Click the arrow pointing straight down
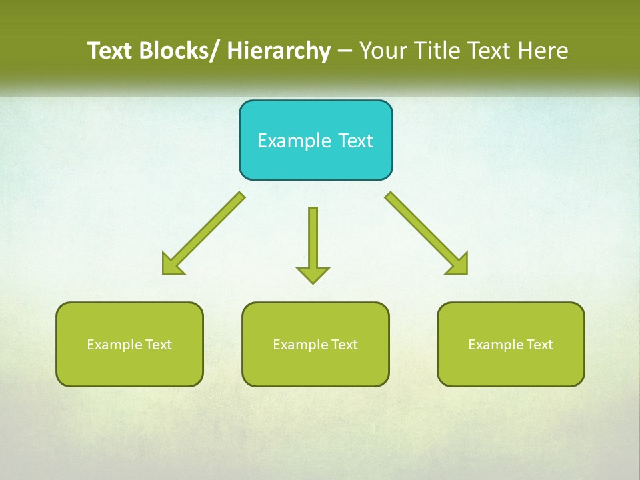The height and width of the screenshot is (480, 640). click(313, 243)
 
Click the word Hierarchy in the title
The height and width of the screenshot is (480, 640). click(278, 51)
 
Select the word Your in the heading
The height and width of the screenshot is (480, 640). click(383, 51)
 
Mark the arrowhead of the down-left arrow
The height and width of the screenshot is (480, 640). click(171, 264)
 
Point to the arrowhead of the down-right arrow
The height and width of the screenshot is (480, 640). click(459, 264)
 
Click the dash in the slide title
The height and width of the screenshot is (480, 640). click(345, 51)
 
